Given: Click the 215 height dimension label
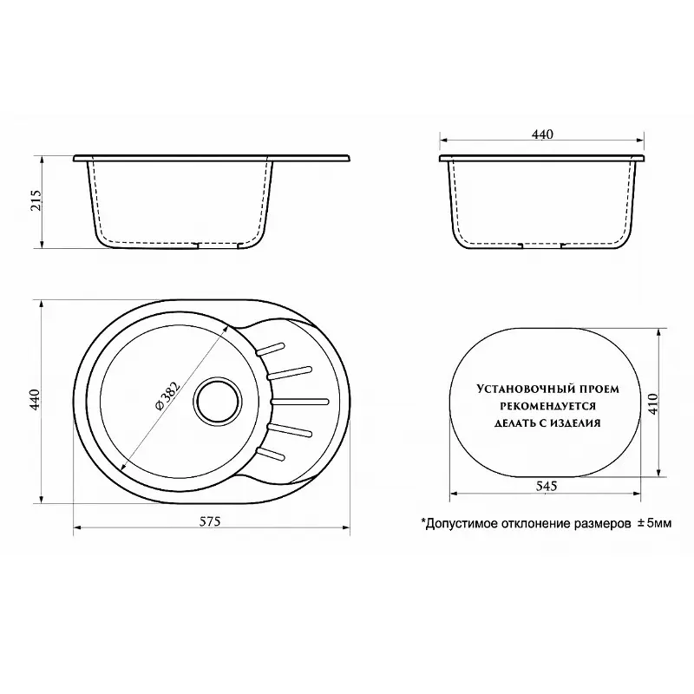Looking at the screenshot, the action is coord(36,200).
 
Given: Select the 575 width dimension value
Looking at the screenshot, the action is coord(210,522).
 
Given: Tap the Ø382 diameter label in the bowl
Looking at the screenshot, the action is coord(168,396).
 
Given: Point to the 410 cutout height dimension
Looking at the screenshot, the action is coord(653,403).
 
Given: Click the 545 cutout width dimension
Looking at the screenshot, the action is coord(547,486).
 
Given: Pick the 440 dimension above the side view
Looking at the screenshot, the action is coord(542,134).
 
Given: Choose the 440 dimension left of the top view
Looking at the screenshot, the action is coord(35,400).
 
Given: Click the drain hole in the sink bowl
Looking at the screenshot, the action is coord(218,402).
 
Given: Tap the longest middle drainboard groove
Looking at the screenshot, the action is coord(299,402).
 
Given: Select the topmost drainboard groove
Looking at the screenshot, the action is coord(270,349).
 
